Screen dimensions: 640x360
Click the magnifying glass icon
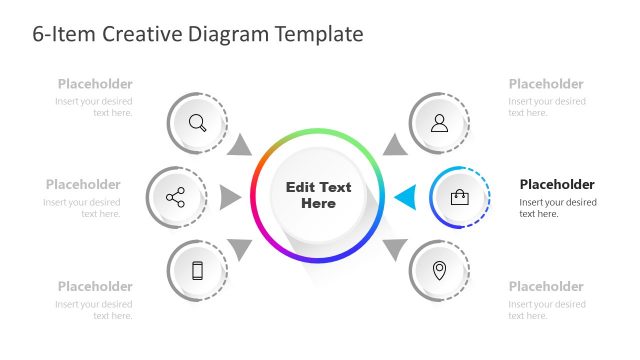[x=197, y=124]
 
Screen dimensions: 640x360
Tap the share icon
[x=176, y=197]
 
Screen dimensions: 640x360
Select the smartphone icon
[x=197, y=270]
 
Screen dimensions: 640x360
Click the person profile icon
[x=439, y=123]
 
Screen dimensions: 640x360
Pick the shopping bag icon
[x=460, y=197]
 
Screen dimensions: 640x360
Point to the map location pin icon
[x=439, y=270]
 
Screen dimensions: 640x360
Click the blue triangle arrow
[x=405, y=197]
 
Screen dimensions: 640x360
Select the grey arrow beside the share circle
[x=230, y=197]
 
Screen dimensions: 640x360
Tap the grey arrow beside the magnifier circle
[x=239, y=146]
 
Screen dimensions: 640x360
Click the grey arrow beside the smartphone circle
[x=240, y=247]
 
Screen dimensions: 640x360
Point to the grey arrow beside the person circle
[x=396, y=146]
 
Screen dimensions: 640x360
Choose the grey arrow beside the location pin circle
[x=396, y=247]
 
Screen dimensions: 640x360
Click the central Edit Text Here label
[x=319, y=195]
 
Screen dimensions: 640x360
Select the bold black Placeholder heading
[x=557, y=184]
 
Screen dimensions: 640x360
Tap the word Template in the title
[x=312, y=34]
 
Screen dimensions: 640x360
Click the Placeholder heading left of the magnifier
[x=95, y=84]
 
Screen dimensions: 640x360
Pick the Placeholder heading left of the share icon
[x=83, y=184]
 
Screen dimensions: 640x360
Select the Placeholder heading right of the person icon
[x=546, y=84]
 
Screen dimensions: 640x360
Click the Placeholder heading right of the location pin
[x=546, y=286]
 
